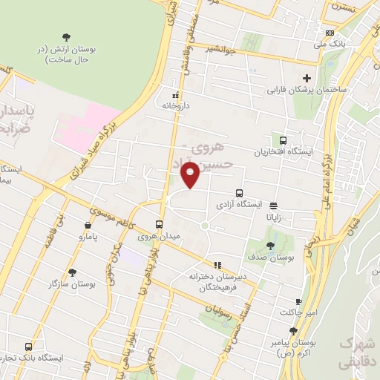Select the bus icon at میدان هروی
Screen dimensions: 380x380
(159, 224)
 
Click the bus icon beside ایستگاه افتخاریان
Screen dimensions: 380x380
(283, 140)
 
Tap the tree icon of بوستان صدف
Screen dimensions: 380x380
(270, 246)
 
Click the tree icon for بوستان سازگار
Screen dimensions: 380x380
(72, 272)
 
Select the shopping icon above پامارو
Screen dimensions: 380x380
(88, 225)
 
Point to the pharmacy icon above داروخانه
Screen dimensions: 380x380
(176, 95)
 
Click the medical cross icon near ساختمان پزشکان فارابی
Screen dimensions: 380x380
(306, 79)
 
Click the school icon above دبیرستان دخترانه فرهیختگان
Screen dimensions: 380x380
(217, 264)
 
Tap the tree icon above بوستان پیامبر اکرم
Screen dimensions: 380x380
(294, 331)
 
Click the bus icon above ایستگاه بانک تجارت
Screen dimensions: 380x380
(28, 347)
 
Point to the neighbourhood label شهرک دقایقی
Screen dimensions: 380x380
(358, 353)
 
